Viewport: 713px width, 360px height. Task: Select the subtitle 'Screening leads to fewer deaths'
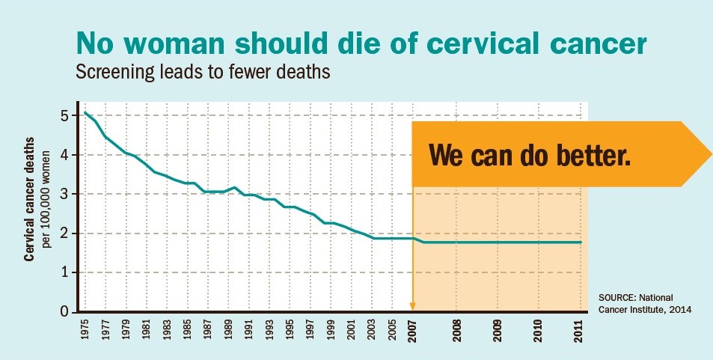(203, 71)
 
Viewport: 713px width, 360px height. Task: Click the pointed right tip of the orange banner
(712, 154)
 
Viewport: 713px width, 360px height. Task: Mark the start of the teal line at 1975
(85, 112)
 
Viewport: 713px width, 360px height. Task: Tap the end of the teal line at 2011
(581, 242)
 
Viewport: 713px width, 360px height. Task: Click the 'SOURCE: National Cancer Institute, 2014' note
(645, 304)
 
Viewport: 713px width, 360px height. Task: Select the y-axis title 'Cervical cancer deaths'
(30, 199)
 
